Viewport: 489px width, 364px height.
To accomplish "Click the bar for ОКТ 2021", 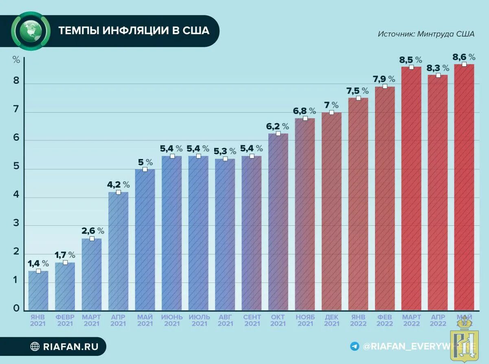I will (x=278, y=222).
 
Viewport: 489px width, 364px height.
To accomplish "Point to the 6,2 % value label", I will (x=278, y=126).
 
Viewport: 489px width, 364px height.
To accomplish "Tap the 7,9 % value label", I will (x=385, y=79).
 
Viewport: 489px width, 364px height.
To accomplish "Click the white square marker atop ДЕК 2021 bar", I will (x=331, y=112).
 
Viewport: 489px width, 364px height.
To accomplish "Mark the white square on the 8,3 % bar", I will (x=438, y=75).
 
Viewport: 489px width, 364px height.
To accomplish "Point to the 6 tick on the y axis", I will (x=16, y=138).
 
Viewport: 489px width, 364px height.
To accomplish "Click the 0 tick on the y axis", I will (x=16, y=308).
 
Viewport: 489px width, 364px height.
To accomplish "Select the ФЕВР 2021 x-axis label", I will (x=65, y=320).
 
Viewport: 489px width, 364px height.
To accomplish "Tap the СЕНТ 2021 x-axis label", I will (x=252, y=320).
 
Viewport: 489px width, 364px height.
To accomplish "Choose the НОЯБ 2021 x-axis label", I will (x=305, y=320).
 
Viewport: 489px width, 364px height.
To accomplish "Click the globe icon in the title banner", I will (x=30, y=31).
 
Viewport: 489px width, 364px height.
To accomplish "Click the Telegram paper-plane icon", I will (x=355, y=346).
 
